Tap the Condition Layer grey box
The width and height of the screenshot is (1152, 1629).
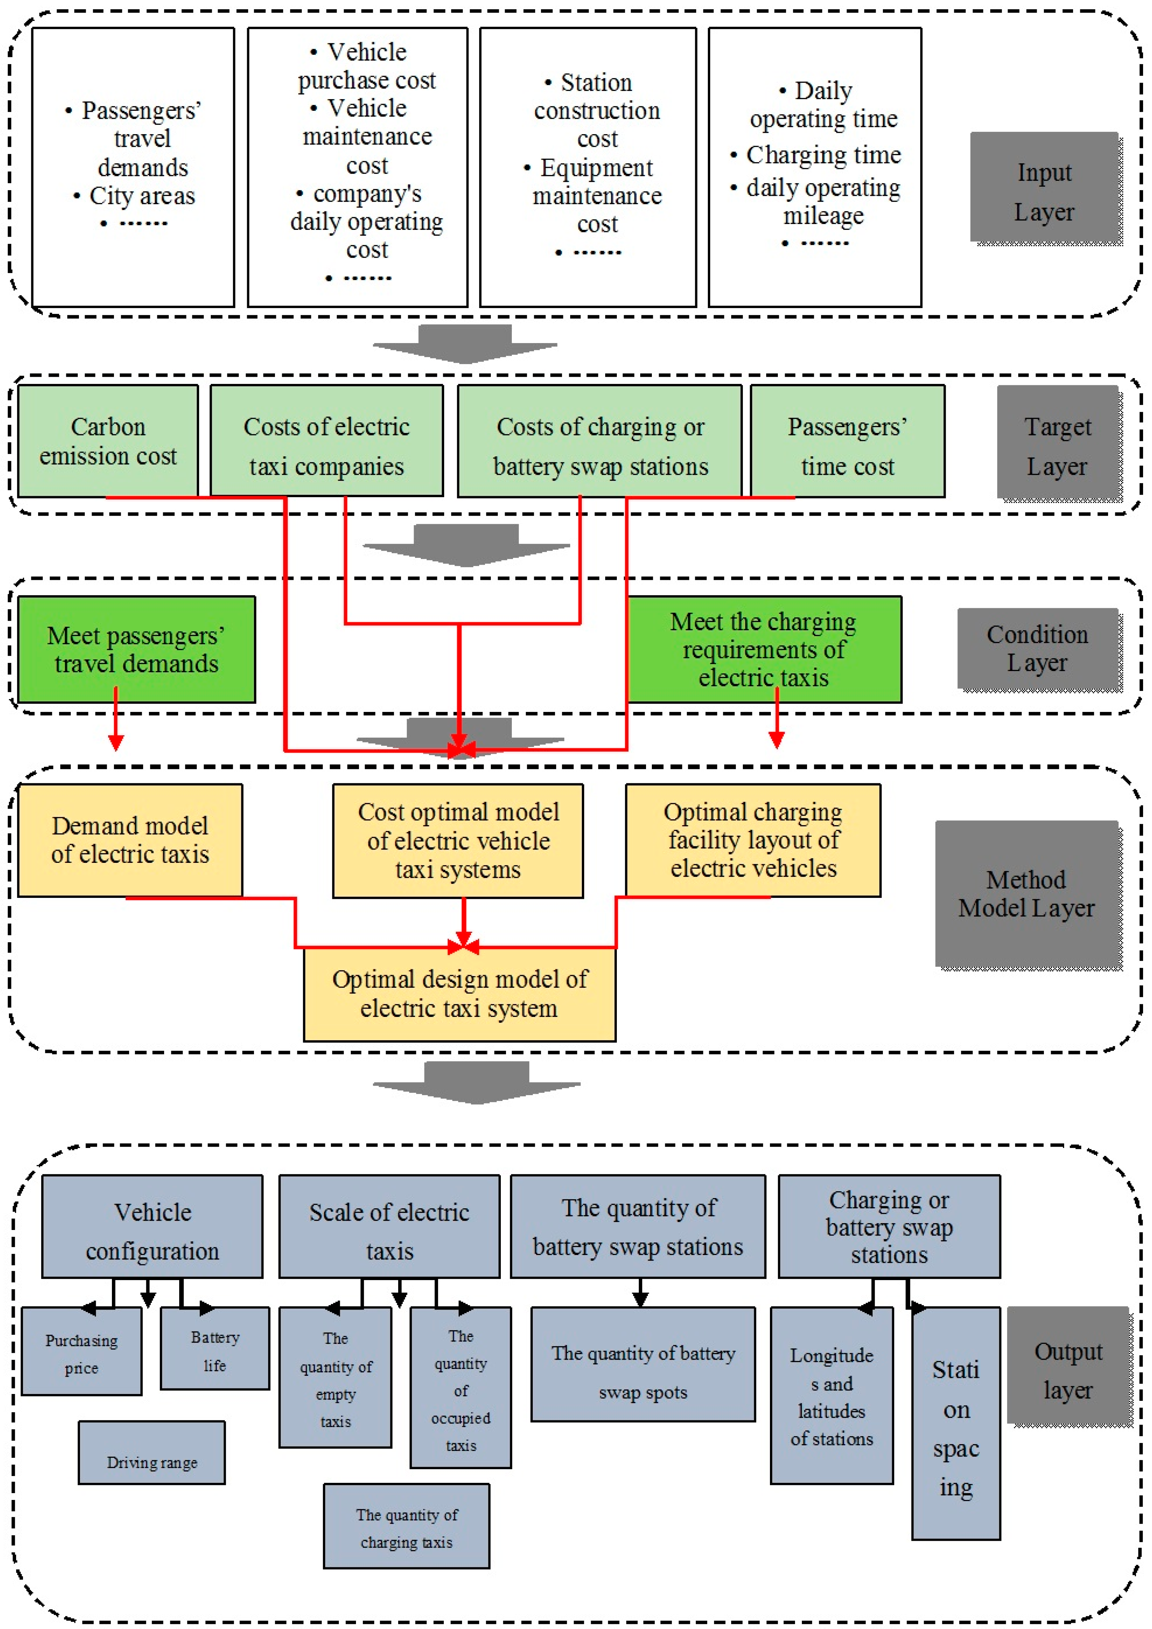click(1037, 648)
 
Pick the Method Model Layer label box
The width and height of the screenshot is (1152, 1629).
click(1026, 893)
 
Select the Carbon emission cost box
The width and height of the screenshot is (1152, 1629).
click(108, 441)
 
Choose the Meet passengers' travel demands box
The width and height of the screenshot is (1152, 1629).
click(136, 649)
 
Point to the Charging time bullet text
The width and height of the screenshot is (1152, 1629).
click(823, 155)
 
